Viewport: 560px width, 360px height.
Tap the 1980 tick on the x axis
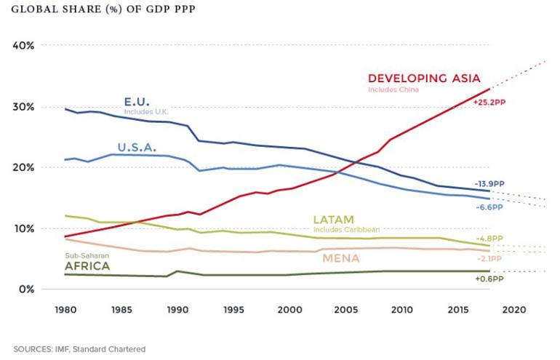tap(65, 308)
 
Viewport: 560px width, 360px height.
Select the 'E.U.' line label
tap(138, 102)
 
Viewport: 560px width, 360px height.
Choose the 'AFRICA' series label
tap(87, 266)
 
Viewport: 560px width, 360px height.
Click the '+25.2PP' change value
tap(488, 103)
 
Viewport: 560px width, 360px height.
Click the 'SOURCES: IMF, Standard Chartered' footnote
tap(78, 349)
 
